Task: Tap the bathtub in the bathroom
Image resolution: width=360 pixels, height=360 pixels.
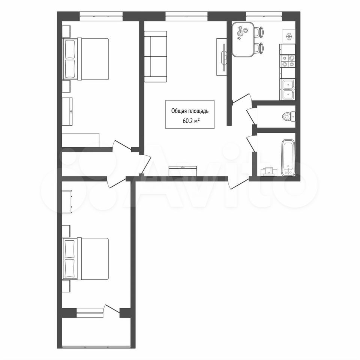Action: pyautogui.click(x=288, y=157)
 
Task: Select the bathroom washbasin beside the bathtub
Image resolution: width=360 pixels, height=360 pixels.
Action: pyautogui.click(x=268, y=172)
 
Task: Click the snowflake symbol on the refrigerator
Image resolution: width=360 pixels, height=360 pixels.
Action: pyautogui.click(x=289, y=36)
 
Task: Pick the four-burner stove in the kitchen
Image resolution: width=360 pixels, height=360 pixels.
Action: pyautogui.click(x=288, y=61)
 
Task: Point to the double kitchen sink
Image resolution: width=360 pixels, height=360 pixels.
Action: pyautogui.click(x=288, y=90)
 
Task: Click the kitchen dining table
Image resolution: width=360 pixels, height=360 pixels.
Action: pyautogui.click(x=243, y=39)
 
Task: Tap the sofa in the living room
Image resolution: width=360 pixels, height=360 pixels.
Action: pyautogui.click(x=155, y=57)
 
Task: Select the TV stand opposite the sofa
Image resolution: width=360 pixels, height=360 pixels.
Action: pyautogui.click(x=222, y=57)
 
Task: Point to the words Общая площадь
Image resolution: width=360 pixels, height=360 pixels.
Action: pyautogui.click(x=190, y=111)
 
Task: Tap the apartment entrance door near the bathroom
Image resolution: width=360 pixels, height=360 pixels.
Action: pyautogui.click(x=239, y=183)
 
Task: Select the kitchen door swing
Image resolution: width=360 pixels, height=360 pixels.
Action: pyautogui.click(x=241, y=98)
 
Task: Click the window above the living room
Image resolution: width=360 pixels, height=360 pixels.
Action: pyautogui.click(x=186, y=16)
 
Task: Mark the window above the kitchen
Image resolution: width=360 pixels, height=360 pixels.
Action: pyautogui.click(x=264, y=16)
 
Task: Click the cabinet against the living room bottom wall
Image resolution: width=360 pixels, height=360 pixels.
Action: pyautogui.click(x=183, y=171)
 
